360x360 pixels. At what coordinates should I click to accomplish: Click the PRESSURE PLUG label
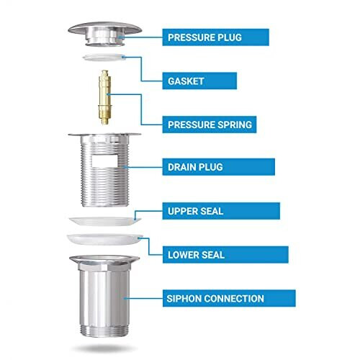click(215, 37)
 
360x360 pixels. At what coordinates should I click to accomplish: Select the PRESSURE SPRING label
click(210, 124)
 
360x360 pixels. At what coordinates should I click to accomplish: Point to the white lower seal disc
click(105, 240)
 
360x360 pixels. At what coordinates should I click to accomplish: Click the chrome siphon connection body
click(105, 295)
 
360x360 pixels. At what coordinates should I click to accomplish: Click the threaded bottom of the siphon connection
click(105, 328)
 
